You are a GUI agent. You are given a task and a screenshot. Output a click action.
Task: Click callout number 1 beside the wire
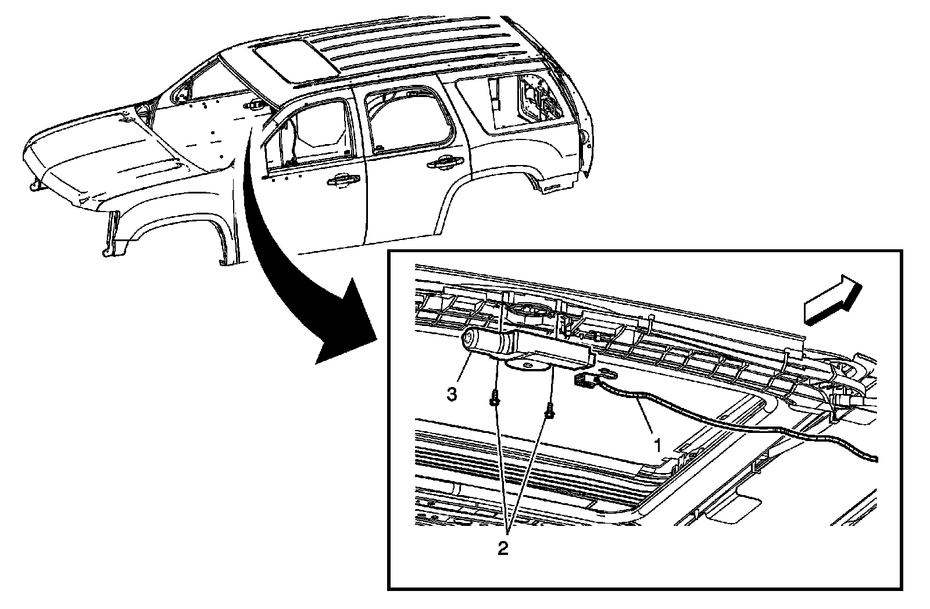pyautogui.click(x=657, y=446)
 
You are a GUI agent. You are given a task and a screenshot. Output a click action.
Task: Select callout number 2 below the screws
pyautogui.click(x=503, y=548)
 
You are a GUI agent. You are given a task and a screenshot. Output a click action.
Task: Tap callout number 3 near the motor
pyautogui.click(x=452, y=395)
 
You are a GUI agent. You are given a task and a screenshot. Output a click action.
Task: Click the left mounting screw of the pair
pyautogui.click(x=495, y=400)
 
